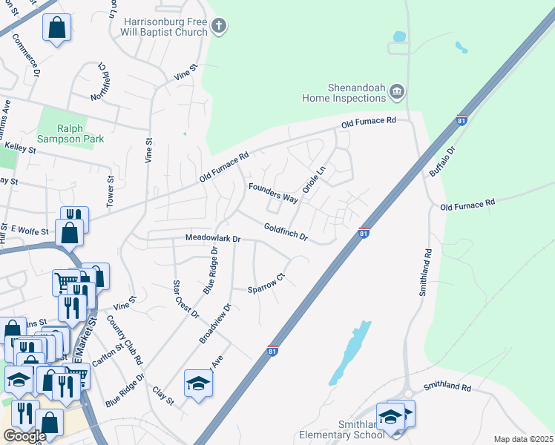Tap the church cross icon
(218, 27)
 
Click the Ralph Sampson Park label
(70, 133)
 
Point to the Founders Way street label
(273, 193)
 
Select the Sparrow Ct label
(266, 285)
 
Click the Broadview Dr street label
(216, 323)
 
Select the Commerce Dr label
(25, 59)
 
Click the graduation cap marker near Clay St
(198, 383)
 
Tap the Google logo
(24, 436)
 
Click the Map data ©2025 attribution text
(523, 439)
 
